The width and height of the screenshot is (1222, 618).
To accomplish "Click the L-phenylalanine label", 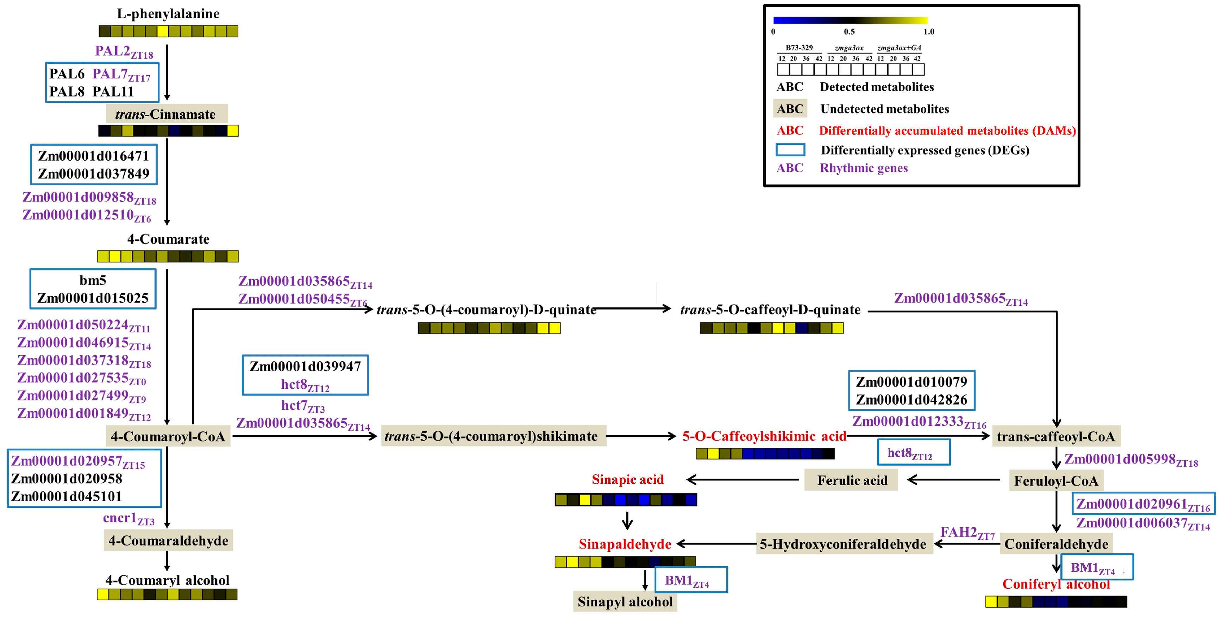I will (x=168, y=14).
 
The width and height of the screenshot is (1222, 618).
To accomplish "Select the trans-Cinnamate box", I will (x=167, y=114).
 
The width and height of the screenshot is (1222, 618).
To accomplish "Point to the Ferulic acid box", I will (x=852, y=480).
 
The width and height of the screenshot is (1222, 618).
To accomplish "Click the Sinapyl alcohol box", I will (x=625, y=601).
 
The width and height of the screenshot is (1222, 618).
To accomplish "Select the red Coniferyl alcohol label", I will (x=1056, y=584).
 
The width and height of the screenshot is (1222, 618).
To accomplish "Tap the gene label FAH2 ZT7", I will (x=967, y=532).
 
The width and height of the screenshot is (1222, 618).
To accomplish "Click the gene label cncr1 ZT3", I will (x=129, y=518).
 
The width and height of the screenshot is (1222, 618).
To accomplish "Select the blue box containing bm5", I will (x=93, y=289).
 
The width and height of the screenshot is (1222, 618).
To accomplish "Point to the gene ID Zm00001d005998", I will (x=1130, y=460).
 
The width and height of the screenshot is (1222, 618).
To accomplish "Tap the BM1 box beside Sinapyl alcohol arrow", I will (x=691, y=580).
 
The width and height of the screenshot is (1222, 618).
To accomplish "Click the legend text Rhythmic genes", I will (x=863, y=168).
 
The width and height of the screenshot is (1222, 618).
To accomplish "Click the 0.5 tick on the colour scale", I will (x=849, y=32).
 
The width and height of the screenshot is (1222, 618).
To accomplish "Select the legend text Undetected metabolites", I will (x=884, y=109).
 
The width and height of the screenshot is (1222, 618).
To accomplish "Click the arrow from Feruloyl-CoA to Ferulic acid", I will (x=953, y=480).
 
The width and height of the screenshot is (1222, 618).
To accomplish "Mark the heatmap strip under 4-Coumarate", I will (x=168, y=256).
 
